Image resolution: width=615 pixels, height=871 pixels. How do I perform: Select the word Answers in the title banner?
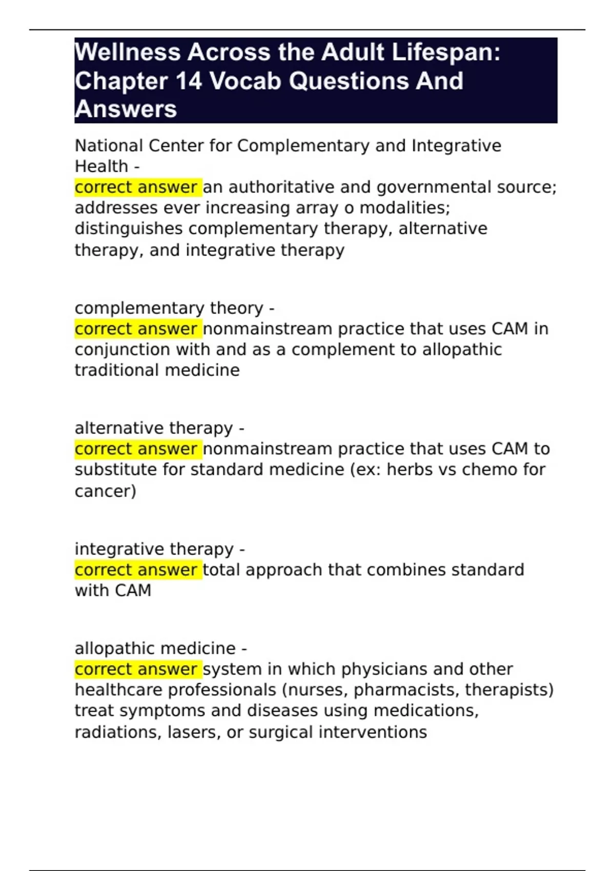pos(126,109)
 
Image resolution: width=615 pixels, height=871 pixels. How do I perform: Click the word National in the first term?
pos(109,146)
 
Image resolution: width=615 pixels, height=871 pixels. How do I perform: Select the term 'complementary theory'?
pos(169,308)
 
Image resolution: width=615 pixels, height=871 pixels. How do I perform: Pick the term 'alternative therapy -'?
pos(159,428)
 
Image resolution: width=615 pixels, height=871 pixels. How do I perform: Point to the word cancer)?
pos(106,491)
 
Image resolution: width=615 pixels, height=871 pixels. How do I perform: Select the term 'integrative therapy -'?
pos(159,549)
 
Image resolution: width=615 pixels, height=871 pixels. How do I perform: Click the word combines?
pos(404,570)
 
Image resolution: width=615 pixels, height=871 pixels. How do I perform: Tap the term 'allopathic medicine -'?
pos(160,649)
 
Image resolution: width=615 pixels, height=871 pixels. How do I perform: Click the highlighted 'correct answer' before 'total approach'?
pos(136,570)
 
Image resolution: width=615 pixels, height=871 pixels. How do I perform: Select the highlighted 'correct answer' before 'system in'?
pos(136,669)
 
